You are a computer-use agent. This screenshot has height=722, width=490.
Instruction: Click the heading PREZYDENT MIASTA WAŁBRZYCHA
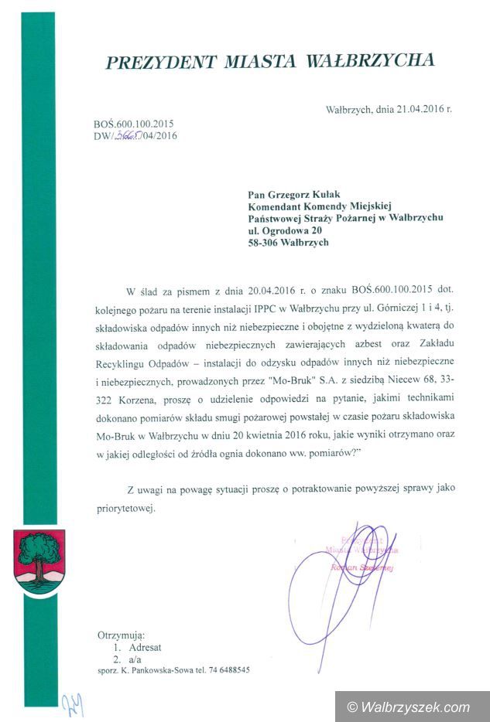pyautogui.click(x=270, y=61)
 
